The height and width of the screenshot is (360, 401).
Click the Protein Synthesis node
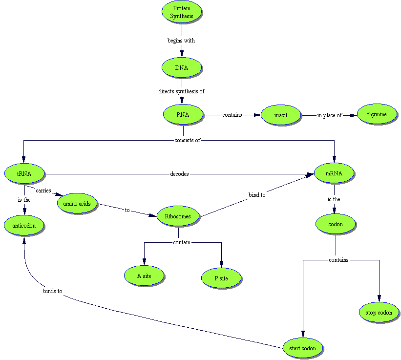point(182,12)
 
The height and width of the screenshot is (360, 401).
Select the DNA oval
point(182,68)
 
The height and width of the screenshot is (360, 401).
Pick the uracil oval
point(281,115)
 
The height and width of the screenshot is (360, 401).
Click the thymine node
point(377,114)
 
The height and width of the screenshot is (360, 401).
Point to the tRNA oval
point(24,173)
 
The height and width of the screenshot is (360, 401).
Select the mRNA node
point(334,173)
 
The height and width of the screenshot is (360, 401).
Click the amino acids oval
point(77,203)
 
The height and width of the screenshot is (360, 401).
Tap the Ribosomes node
point(178,216)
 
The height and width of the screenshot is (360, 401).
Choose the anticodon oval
point(24,226)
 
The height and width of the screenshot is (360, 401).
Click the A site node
point(144,276)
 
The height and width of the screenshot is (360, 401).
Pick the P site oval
point(221,278)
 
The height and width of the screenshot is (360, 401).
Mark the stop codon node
point(379,313)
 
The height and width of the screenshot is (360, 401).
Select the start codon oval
point(303,349)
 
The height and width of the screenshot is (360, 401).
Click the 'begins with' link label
point(181,41)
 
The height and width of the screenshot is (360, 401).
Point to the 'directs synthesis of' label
point(181,91)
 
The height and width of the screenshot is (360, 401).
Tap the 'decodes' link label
point(179,174)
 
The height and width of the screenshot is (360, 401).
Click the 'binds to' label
point(52,292)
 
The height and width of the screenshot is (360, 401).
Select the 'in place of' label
point(329,115)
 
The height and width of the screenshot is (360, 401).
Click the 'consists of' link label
point(187,140)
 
